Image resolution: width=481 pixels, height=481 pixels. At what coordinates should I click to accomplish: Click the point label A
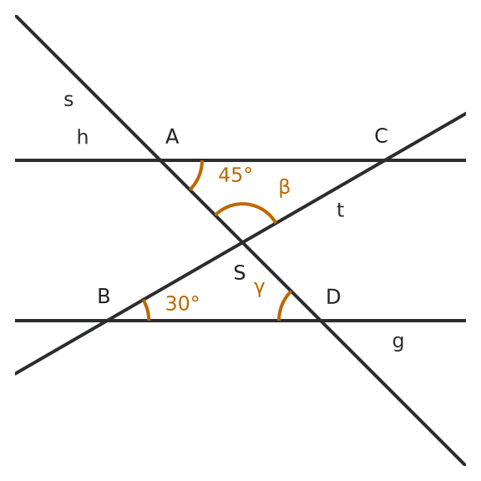pyautogui.click(x=172, y=136)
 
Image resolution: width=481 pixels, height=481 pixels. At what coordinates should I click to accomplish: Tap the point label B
pyautogui.click(x=104, y=296)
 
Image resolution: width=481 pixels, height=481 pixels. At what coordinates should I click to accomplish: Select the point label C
pyautogui.click(x=382, y=135)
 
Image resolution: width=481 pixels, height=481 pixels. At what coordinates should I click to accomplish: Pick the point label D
pyautogui.click(x=333, y=296)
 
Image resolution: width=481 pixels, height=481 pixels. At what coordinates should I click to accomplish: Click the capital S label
pyautogui.click(x=240, y=272)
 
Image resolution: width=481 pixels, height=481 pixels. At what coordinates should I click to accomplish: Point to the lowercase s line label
pyautogui.click(x=68, y=100)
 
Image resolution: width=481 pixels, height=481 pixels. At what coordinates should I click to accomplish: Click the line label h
pyautogui.click(x=83, y=137)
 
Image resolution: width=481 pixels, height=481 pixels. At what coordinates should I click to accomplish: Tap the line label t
pyautogui.click(x=340, y=210)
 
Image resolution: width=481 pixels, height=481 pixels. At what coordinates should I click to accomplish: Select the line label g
pyautogui.click(x=398, y=342)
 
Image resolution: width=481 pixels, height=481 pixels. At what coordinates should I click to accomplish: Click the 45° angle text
pyautogui.click(x=235, y=175)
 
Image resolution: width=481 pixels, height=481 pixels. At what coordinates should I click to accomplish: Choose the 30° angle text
pyautogui.click(x=182, y=303)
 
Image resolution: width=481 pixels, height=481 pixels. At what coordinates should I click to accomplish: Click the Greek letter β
pyautogui.click(x=285, y=187)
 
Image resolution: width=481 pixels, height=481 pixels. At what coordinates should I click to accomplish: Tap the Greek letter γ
pyautogui.click(x=259, y=288)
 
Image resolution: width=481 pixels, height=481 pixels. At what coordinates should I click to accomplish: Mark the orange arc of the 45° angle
pyautogui.click(x=200, y=176)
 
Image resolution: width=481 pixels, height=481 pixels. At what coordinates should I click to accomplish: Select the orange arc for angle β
pyautogui.click(x=243, y=204)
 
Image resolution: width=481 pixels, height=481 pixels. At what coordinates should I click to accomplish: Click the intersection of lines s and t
pyautogui.click(x=242, y=243)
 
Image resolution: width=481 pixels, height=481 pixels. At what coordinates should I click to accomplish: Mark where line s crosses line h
pyautogui.click(x=160, y=160)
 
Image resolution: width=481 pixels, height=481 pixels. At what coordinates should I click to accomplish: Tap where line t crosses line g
pyautogui.click(x=108, y=321)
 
